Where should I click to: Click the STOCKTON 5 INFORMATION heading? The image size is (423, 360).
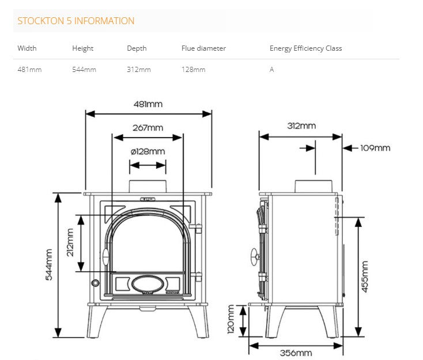pos(75,21)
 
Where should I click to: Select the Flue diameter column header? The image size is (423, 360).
pos(203,48)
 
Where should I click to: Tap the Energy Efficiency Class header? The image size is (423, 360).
pos(305,48)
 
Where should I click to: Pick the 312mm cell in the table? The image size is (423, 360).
pos(138,70)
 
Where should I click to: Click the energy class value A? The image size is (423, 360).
pos(271,70)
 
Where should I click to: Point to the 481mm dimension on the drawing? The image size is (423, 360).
pos(148,104)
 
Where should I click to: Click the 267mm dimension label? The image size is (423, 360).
pos(148,128)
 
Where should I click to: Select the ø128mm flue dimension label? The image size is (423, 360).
pos(148,151)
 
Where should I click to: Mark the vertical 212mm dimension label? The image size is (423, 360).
pos(70,242)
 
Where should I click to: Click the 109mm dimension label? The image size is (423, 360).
pos(375,148)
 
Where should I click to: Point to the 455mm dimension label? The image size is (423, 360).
pos(364,276)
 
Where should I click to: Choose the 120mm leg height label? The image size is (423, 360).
pos(231,320)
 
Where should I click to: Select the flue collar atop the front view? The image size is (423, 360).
pos(148,186)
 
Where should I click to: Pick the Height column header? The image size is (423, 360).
pos(82,48)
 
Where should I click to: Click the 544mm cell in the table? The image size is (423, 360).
pos(84,70)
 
